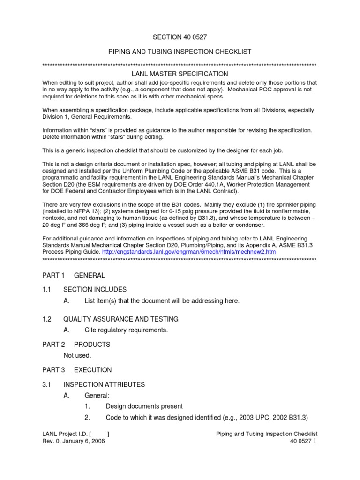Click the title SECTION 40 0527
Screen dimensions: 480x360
click(x=180, y=37)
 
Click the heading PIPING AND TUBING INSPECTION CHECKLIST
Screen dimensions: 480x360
click(x=180, y=51)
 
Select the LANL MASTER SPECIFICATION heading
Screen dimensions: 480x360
click(x=180, y=74)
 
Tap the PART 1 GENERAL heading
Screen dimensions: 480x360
click(x=74, y=275)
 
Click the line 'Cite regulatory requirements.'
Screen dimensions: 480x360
click(x=126, y=330)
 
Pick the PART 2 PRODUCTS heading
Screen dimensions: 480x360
click(x=76, y=345)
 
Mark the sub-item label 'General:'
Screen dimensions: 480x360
click(x=97, y=396)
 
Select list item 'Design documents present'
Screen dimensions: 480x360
click(x=144, y=406)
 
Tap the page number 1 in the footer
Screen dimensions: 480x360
click(x=315, y=442)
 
